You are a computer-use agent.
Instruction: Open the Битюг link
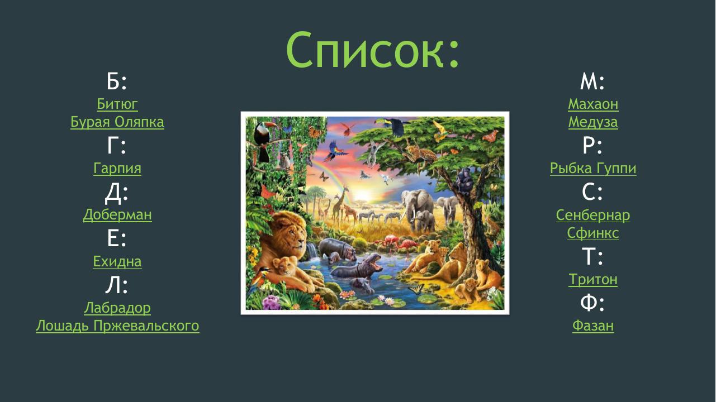(x=117, y=104)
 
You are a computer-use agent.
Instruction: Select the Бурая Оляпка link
(x=117, y=122)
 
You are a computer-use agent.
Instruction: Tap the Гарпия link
(x=117, y=169)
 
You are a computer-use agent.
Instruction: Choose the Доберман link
(x=117, y=215)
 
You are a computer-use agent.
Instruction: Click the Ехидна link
(x=117, y=262)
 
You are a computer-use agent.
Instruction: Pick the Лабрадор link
(x=117, y=308)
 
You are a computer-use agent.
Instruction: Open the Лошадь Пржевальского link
(x=117, y=326)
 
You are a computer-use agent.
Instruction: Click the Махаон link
(x=593, y=104)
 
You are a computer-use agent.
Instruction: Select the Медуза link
(x=593, y=122)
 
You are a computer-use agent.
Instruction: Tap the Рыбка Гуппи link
(x=593, y=169)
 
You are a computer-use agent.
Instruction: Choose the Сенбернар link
(x=593, y=215)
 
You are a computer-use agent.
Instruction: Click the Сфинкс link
(x=593, y=233)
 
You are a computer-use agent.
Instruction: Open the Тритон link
(x=593, y=280)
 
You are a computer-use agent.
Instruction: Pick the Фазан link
(x=593, y=326)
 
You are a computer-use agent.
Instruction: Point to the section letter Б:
(x=117, y=82)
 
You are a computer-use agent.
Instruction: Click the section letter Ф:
(x=593, y=303)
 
